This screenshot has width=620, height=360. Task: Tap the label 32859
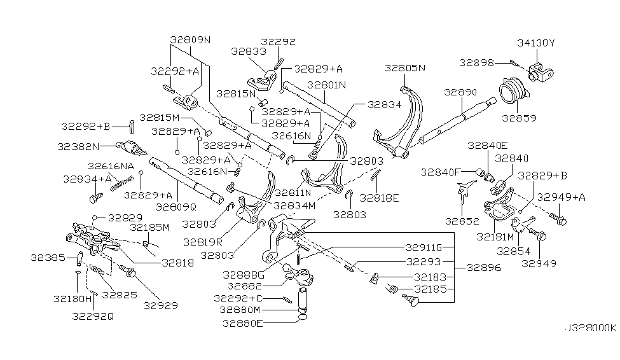tap(519, 118)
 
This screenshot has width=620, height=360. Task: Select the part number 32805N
tap(404, 68)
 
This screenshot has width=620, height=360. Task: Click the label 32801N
tap(327, 84)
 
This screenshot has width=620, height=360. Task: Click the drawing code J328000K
tap(589, 329)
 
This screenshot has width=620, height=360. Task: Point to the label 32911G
tap(422, 247)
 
